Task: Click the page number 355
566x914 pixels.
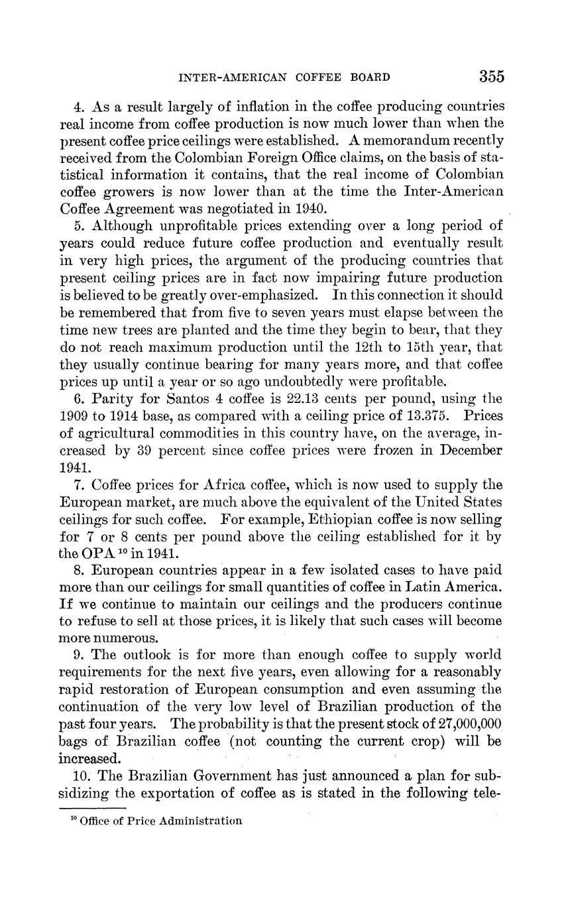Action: tap(491, 77)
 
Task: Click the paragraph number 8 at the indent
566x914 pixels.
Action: tap(78, 571)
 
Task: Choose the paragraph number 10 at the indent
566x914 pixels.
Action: tap(81, 775)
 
